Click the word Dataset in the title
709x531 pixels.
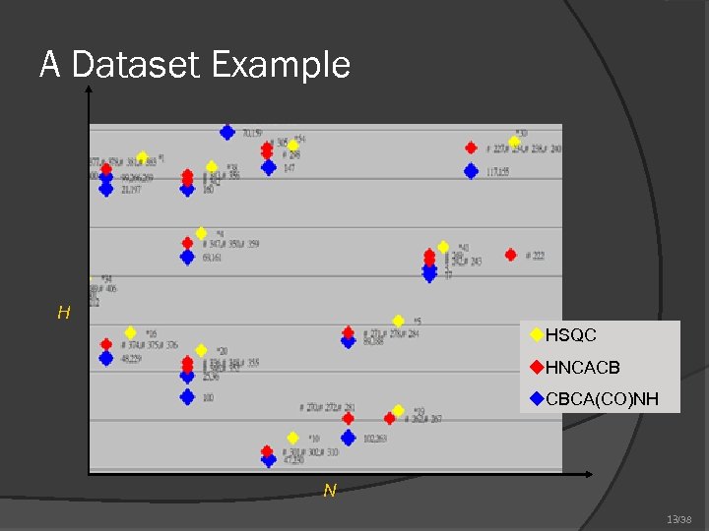(138, 65)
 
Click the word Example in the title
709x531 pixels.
(281, 66)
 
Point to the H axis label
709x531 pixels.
(64, 313)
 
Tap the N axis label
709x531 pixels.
(330, 490)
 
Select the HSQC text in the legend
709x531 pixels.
(571, 335)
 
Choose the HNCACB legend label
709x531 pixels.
(583, 368)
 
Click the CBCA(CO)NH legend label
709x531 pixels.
(601, 399)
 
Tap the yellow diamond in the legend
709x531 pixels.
(537, 335)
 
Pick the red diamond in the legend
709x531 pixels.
(537, 368)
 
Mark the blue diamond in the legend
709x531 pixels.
(537, 399)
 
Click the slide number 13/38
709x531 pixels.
(678, 518)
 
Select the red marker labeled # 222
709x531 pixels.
(510, 255)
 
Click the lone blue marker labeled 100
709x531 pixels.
(187, 397)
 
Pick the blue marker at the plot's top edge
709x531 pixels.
(227, 132)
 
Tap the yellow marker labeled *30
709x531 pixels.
(514, 141)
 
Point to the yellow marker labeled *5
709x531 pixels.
(398, 321)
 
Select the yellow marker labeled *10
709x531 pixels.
(292, 438)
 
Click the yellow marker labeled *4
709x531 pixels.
(201, 233)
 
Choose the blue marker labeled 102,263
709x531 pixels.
(348, 438)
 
